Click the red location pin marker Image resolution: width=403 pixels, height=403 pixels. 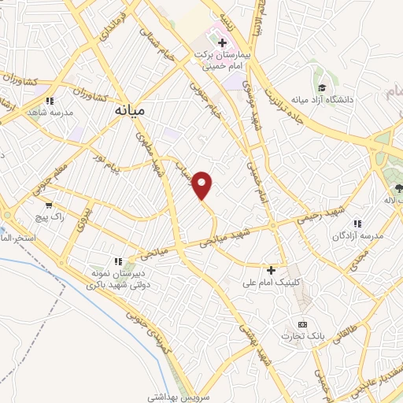point(203,185)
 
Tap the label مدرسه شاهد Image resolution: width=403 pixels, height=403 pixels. point(50,113)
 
